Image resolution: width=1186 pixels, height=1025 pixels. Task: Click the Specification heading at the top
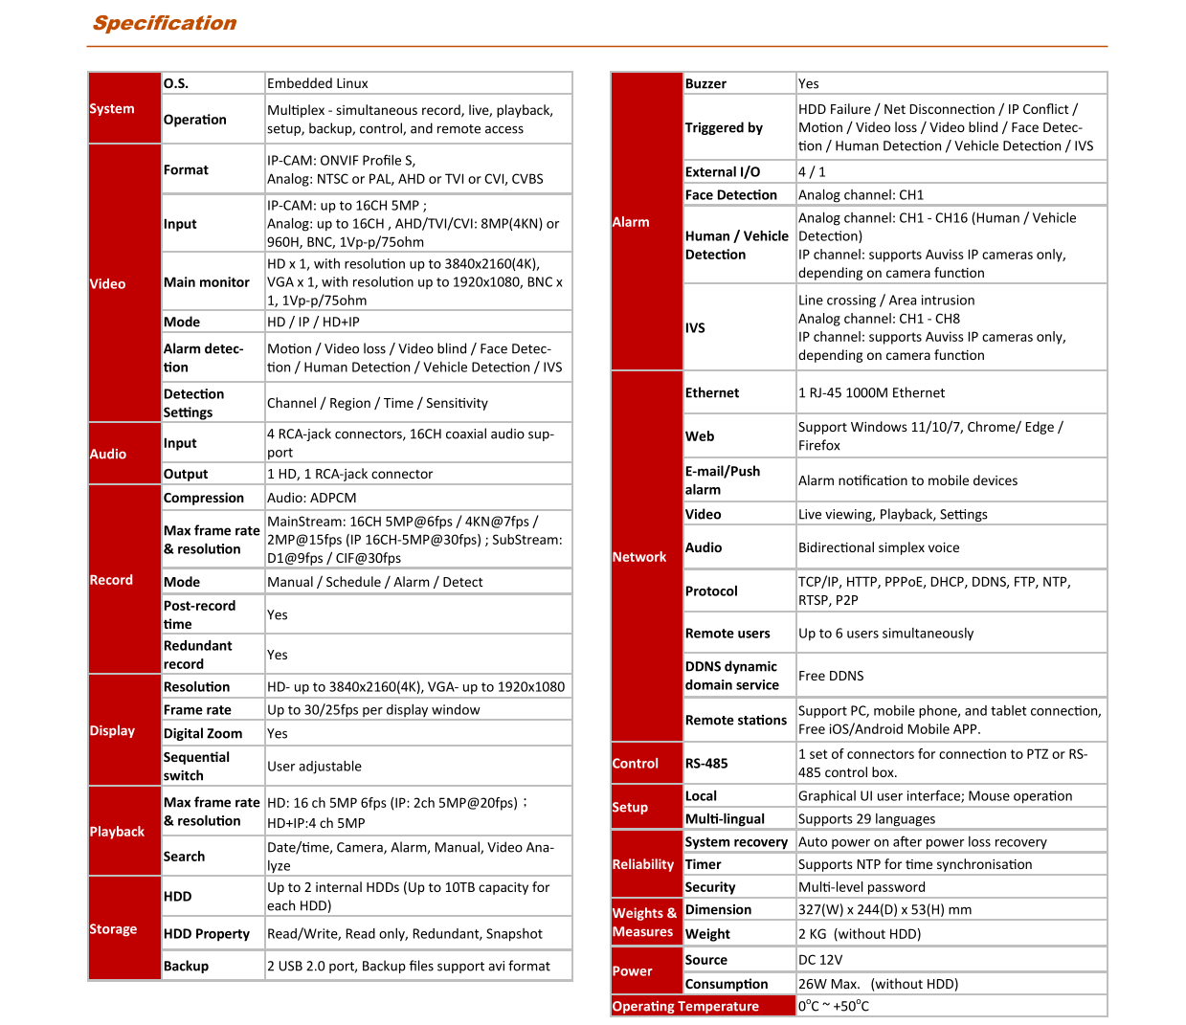[164, 23]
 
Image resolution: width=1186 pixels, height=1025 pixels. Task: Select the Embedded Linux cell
[318, 83]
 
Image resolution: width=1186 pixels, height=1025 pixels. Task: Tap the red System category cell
[112, 109]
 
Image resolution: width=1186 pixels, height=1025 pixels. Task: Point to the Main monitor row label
[207, 282]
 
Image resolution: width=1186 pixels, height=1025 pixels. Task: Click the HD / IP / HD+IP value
[313, 322]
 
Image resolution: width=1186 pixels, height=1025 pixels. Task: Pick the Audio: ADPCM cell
[312, 498]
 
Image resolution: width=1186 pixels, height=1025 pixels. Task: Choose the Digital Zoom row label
[203, 733]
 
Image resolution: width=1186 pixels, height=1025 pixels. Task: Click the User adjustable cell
[314, 766]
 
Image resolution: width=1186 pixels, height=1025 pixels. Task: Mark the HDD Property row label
[207, 933]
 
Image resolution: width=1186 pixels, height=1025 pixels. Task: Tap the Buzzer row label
[705, 83]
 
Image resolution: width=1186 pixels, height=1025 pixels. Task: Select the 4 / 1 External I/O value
[812, 172]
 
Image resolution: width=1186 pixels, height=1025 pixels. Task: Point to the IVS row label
[695, 327]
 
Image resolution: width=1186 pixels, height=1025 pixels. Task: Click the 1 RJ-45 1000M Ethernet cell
[871, 392]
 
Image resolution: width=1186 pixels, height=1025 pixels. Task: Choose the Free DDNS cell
[831, 676]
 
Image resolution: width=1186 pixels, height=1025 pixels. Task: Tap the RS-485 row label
[706, 763]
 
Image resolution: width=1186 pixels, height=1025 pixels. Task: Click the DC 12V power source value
[820, 960]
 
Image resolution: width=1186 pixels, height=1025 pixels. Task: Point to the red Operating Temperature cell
[685, 1006]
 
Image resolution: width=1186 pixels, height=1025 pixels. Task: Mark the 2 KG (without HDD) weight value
[860, 934]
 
